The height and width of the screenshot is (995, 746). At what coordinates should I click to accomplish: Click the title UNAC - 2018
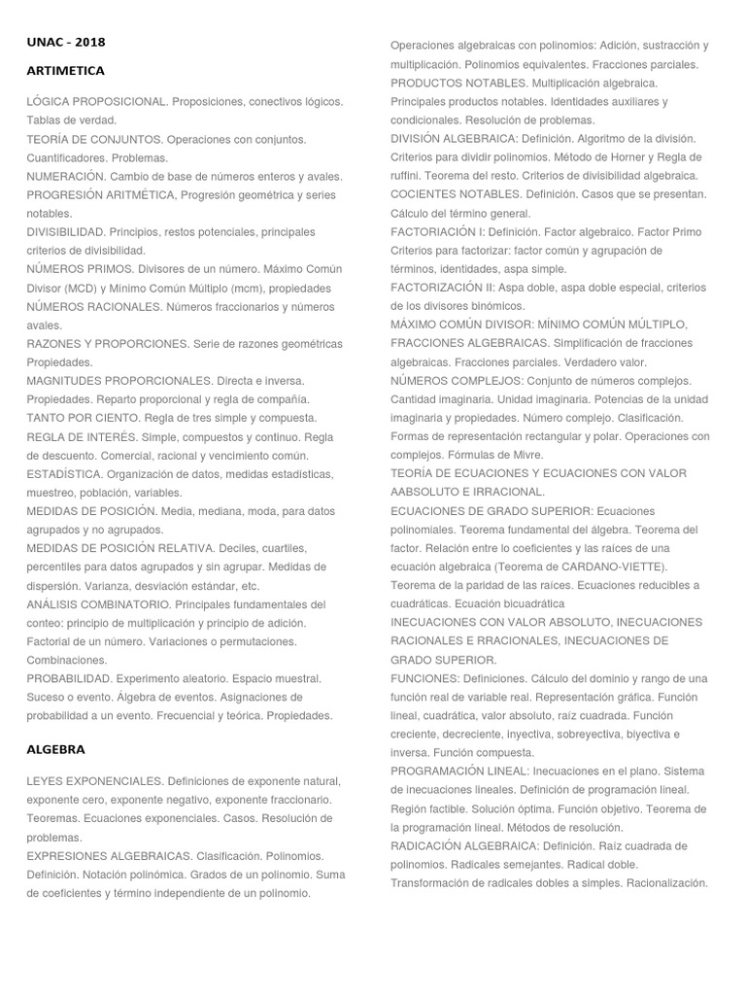point(66,42)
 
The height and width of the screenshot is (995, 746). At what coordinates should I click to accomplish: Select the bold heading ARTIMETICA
point(66,71)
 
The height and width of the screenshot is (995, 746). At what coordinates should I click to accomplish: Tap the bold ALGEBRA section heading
point(56,749)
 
